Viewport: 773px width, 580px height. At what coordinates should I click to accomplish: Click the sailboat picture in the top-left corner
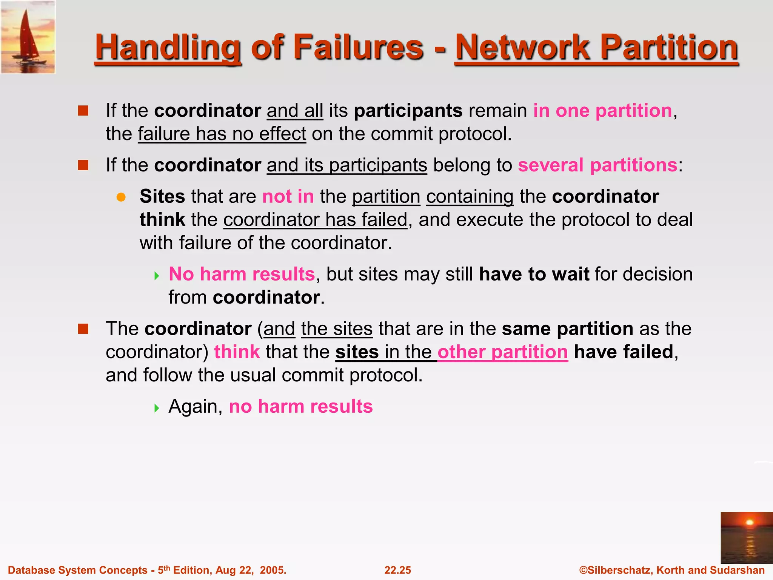[28, 37]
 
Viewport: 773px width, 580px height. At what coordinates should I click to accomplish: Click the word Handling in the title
[168, 48]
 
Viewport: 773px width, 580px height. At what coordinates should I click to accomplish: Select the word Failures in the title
[358, 48]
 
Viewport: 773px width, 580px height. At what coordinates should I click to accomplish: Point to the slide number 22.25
[397, 570]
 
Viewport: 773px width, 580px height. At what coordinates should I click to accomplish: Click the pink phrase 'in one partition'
[602, 111]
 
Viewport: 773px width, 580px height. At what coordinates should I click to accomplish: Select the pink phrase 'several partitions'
[597, 165]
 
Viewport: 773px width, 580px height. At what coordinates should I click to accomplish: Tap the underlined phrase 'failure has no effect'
[222, 134]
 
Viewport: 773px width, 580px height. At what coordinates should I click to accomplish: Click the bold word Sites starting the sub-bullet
[162, 196]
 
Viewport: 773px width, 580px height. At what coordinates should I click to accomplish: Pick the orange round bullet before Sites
[121, 197]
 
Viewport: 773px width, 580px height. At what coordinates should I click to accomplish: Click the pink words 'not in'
[288, 196]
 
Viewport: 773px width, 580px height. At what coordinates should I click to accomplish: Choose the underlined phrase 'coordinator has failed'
[316, 220]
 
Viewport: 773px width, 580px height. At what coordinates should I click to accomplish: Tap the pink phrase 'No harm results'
[242, 274]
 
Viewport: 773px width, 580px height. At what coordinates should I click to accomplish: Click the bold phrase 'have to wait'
[534, 274]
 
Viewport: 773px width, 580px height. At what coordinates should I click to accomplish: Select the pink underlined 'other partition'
[502, 352]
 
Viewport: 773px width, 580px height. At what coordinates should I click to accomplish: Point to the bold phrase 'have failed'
[624, 352]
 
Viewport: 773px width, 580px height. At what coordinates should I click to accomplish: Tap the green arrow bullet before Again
[157, 408]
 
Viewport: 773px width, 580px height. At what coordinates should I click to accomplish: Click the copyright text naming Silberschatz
[672, 570]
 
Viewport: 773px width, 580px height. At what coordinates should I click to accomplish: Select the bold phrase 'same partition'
[567, 329]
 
